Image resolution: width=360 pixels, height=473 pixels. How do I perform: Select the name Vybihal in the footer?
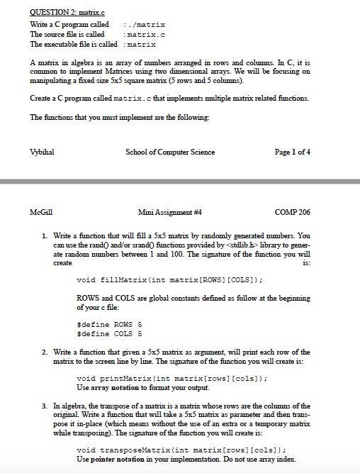tap(42, 152)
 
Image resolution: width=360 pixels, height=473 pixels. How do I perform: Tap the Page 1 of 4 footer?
tap(296, 152)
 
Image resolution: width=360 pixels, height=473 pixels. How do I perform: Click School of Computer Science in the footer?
tap(169, 152)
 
